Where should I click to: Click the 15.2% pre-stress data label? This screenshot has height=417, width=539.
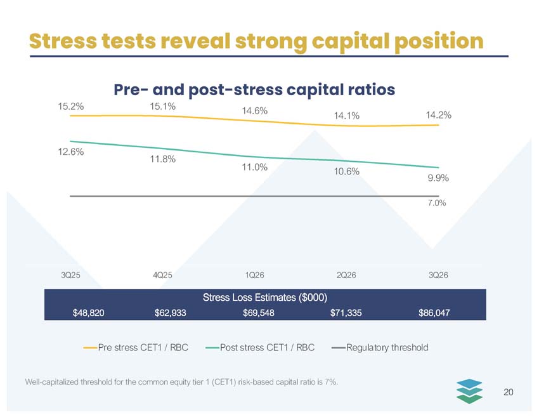click(71, 107)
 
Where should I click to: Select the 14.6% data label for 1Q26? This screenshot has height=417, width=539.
click(254, 111)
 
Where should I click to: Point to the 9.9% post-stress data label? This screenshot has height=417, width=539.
click(438, 178)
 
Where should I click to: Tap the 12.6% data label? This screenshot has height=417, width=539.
click(71, 152)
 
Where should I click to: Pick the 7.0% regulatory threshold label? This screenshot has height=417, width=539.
click(437, 203)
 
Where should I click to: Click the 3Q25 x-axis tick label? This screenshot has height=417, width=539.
click(70, 275)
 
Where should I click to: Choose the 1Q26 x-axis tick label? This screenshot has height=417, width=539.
click(255, 275)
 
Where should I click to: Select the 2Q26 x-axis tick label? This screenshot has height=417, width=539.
click(346, 275)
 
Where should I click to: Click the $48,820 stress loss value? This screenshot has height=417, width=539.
click(88, 313)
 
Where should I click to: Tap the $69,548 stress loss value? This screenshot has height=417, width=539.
click(259, 313)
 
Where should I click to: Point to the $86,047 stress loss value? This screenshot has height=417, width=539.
click(434, 313)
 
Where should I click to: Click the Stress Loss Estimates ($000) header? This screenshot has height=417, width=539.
click(265, 297)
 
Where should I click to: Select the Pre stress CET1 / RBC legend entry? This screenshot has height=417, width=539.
click(136, 348)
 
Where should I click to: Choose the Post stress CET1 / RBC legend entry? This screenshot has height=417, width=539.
click(260, 348)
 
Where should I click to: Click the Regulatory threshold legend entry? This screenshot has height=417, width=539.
click(380, 348)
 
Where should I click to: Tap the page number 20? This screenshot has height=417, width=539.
click(509, 392)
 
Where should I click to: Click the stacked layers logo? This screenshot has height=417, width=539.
click(469, 391)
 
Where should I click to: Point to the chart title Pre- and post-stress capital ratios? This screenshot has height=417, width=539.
click(254, 89)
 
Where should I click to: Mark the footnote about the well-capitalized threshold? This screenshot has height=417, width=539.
click(181, 382)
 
